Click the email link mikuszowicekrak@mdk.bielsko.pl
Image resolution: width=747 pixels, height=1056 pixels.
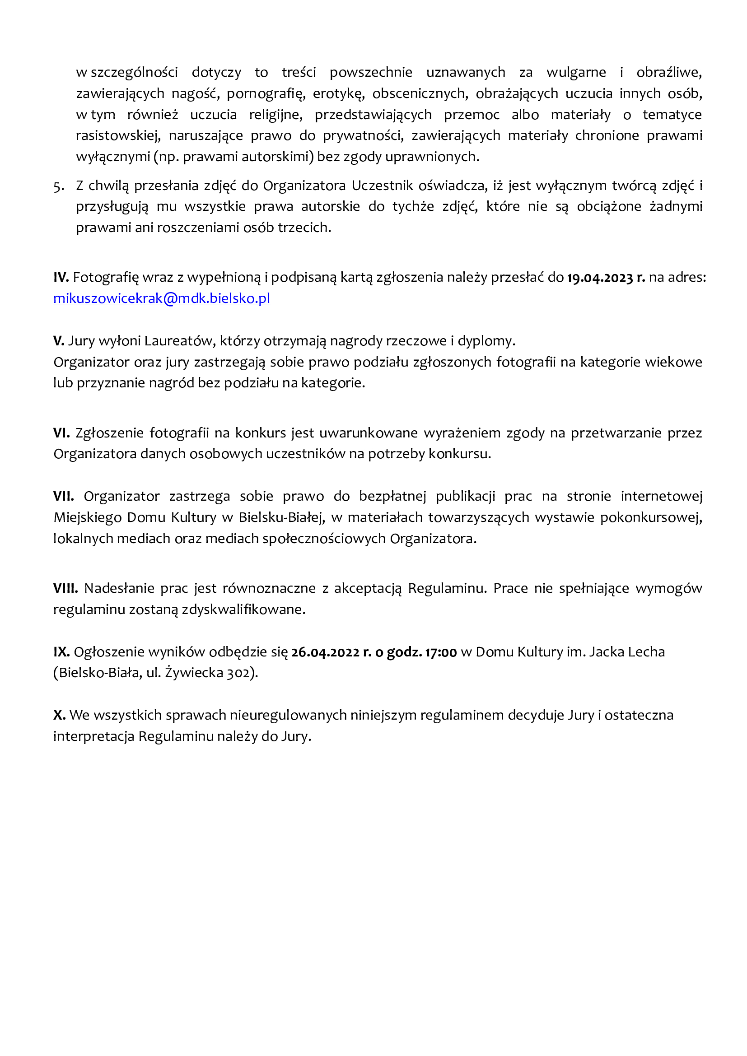161,298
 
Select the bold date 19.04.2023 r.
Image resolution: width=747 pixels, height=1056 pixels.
605,278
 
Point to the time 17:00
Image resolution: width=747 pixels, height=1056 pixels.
441,652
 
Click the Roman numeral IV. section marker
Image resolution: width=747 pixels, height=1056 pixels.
61,277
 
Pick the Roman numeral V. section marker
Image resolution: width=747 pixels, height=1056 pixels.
59,341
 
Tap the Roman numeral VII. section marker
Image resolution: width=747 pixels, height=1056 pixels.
64,496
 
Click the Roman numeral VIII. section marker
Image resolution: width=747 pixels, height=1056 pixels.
66,588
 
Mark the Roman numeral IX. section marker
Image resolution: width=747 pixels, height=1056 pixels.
61,652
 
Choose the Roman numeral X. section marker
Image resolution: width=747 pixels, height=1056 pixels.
59,715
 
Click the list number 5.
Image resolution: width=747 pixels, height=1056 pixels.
58,186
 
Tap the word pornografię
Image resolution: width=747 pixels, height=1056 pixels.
266,94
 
